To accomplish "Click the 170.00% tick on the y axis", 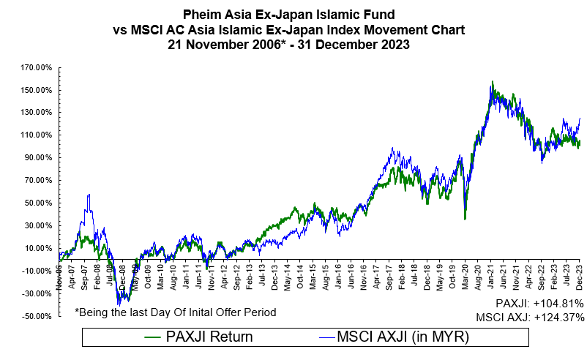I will click(x=37, y=68).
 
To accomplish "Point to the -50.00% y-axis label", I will click(x=37, y=317).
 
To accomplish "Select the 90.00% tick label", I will click(x=39, y=158).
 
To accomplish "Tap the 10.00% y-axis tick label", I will click(x=39, y=249).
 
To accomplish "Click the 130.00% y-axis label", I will click(x=37, y=113).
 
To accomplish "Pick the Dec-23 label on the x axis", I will click(x=577, y=267).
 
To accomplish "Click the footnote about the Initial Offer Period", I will click(x=175, y=312).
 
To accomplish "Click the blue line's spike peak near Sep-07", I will click(x=89, y=195).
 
